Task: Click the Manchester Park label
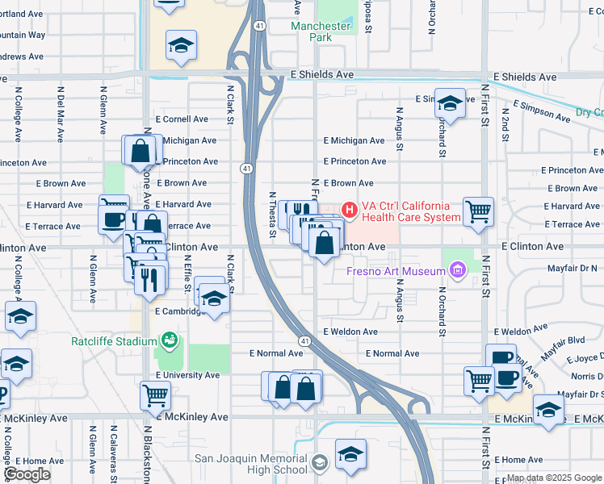click(x=321, y=32)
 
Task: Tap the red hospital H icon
click(x=350, y=211)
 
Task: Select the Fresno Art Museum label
click(x=396, y=271)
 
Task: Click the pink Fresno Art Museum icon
click(x=458, y=269)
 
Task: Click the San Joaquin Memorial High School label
click(x=251, y=465)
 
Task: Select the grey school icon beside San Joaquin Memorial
click(x=321, y=462)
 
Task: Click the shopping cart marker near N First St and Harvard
click(x=478, y=211)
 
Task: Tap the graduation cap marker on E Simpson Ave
click(x=451, y=102)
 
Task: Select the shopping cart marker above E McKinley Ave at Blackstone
click(x=156, y=394)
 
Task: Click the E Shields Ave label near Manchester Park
click(x=321, y=74)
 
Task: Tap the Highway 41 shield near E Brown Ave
click(x=245, y=168)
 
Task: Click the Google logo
click(x=27, y=474)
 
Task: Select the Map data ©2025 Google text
click(x=553, y=478)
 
